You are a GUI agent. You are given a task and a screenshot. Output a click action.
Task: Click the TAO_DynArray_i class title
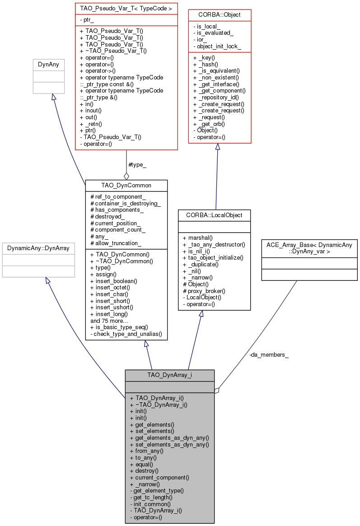pyautogui.click(x=169, y=375)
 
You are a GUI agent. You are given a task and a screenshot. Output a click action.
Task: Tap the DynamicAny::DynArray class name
pyautogui.click(x=38, y=248)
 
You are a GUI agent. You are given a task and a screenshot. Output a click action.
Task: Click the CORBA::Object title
pyautogui.click(x=220, y=14)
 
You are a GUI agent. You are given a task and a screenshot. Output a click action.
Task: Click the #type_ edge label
pyautogui.click(x=137, y=165)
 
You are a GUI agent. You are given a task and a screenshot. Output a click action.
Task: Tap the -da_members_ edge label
pyautogui.click(x=269, y=355)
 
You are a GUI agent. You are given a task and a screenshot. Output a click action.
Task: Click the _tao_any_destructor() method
pyautogui.click(x=214, y=245)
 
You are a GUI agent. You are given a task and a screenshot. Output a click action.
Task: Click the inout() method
pyautogui.click(x=90, y=110)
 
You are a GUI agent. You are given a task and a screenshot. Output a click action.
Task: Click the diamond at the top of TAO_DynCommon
pyautogui.click(x=126, y=176)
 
